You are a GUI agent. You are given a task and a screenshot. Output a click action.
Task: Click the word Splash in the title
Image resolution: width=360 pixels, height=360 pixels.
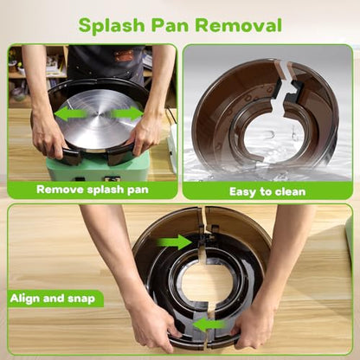[112, 26]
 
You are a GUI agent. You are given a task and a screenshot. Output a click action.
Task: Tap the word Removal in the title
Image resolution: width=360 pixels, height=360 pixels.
[238, 25]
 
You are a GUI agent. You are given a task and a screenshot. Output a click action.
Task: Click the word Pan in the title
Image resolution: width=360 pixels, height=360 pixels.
[170, 25]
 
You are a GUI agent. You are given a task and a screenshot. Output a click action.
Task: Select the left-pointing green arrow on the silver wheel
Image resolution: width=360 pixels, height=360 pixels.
[70, 113]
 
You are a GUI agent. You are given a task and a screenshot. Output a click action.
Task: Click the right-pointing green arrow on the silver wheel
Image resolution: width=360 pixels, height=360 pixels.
[127, 113]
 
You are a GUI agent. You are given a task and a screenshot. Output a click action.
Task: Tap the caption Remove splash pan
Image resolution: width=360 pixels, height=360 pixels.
[93, 190]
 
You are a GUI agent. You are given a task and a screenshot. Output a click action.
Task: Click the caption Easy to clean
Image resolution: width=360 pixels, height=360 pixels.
[267, 191]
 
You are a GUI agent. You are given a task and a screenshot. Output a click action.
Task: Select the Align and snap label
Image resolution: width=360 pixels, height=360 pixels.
[53, 299]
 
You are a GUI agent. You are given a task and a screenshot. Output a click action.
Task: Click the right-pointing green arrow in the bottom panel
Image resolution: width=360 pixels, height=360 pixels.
[174, 241]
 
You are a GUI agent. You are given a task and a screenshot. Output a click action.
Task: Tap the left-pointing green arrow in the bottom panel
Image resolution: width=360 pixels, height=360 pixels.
[209, 325]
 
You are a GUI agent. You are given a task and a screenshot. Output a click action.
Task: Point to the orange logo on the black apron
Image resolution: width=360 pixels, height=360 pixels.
[124, 55]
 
